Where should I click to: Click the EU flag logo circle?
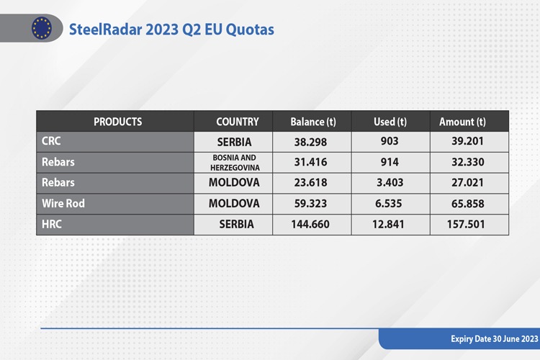point(42,28)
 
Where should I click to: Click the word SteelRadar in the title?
point(105,30)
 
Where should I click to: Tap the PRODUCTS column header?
point(118,122)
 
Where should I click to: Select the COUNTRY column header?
point(238,122)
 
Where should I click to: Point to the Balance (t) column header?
point(313,122)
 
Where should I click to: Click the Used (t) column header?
point(390,122)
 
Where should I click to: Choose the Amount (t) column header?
point(462,122)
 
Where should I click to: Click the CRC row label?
point(51,141)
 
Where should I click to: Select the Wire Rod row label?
point(63,203)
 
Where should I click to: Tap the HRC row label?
point(52,224)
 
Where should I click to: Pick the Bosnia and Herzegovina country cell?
point(235,163)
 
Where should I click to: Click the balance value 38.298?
point(310,142)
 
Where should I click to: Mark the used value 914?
point(390,162)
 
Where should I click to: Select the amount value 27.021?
point(467,183)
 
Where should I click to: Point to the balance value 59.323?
point(310,204)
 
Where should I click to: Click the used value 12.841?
point(388,224)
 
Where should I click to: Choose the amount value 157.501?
point(466,224)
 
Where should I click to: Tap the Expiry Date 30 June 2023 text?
point(494,339)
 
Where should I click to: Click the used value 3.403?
point(390,183)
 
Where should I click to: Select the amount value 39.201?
point(467,141)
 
